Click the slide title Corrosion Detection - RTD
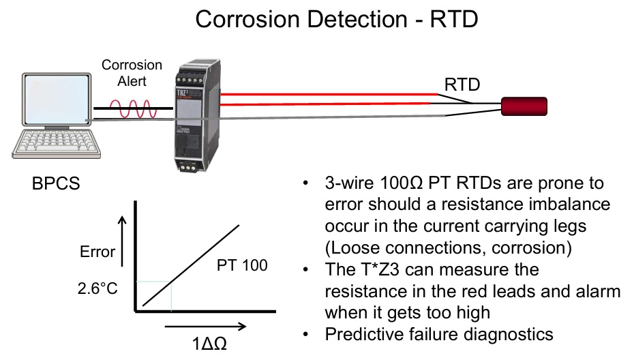(x=336, y=19)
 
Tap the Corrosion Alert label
(x=132, y=72)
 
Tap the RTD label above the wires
(x=462, y=85)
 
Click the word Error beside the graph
(x=97, y=252)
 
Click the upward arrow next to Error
(x=123, y=239)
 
